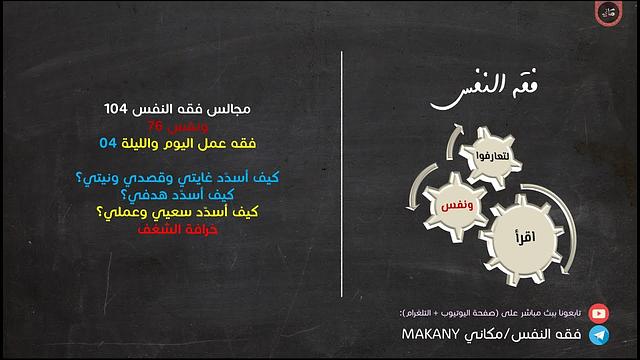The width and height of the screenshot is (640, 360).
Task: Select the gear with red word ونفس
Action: tap(446, 204)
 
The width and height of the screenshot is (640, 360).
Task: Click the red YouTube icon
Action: tap(599, 312)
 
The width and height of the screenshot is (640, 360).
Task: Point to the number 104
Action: tap(118, 107)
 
